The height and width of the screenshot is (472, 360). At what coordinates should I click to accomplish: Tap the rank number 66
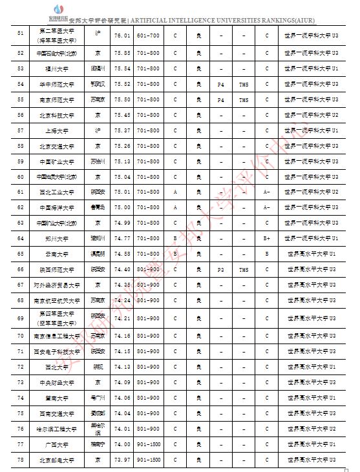coord(21,269)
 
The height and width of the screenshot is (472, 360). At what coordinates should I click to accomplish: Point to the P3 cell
coord(220,269)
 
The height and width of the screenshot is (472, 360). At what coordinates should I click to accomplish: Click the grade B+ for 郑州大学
coord(267,238)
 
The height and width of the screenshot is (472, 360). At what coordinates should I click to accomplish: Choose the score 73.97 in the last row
coord(122,459)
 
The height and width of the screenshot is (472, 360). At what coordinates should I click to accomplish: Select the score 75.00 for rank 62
coord(122,207)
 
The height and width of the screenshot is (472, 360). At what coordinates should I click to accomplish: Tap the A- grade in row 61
coord(267,192)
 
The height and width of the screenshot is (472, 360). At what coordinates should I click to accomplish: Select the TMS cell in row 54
coord(243,84)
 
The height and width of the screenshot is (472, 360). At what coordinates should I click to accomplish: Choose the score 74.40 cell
coord(122,269)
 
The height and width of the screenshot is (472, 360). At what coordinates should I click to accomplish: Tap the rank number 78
coord(21,459)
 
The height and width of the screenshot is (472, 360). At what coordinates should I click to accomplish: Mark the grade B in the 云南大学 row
coord(267,254)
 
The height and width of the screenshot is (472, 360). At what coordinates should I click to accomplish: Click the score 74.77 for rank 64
coord(122,238)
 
